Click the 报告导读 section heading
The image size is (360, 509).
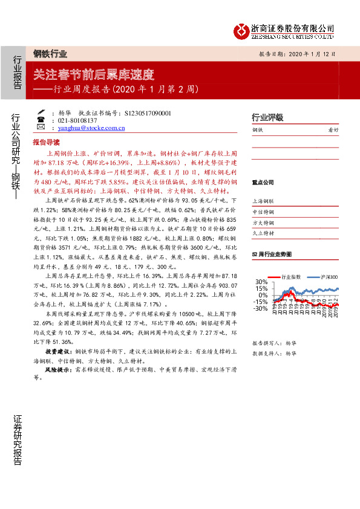pos(46,141)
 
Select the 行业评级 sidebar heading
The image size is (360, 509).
pos(267,117)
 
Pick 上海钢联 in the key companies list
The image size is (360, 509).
pos(263,201)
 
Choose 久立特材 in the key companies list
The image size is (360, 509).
pos(263,233)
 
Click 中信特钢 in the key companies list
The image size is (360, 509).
pos(263,212)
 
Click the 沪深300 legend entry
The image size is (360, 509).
pos(326,276)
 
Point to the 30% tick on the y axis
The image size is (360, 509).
pos(260,282)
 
